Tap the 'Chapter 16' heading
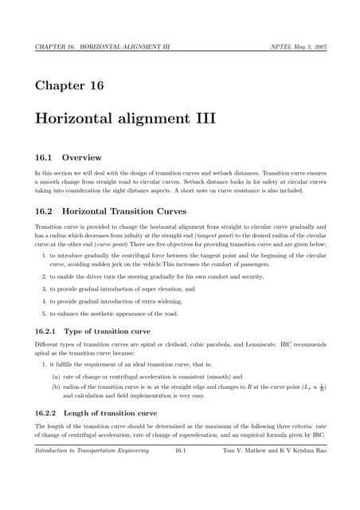tap(68, 84)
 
